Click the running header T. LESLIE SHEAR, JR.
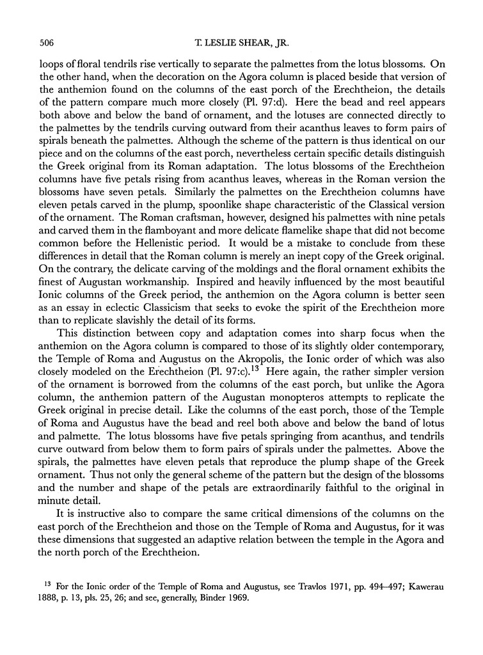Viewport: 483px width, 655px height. pyautogui.click(x=241, y=43)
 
